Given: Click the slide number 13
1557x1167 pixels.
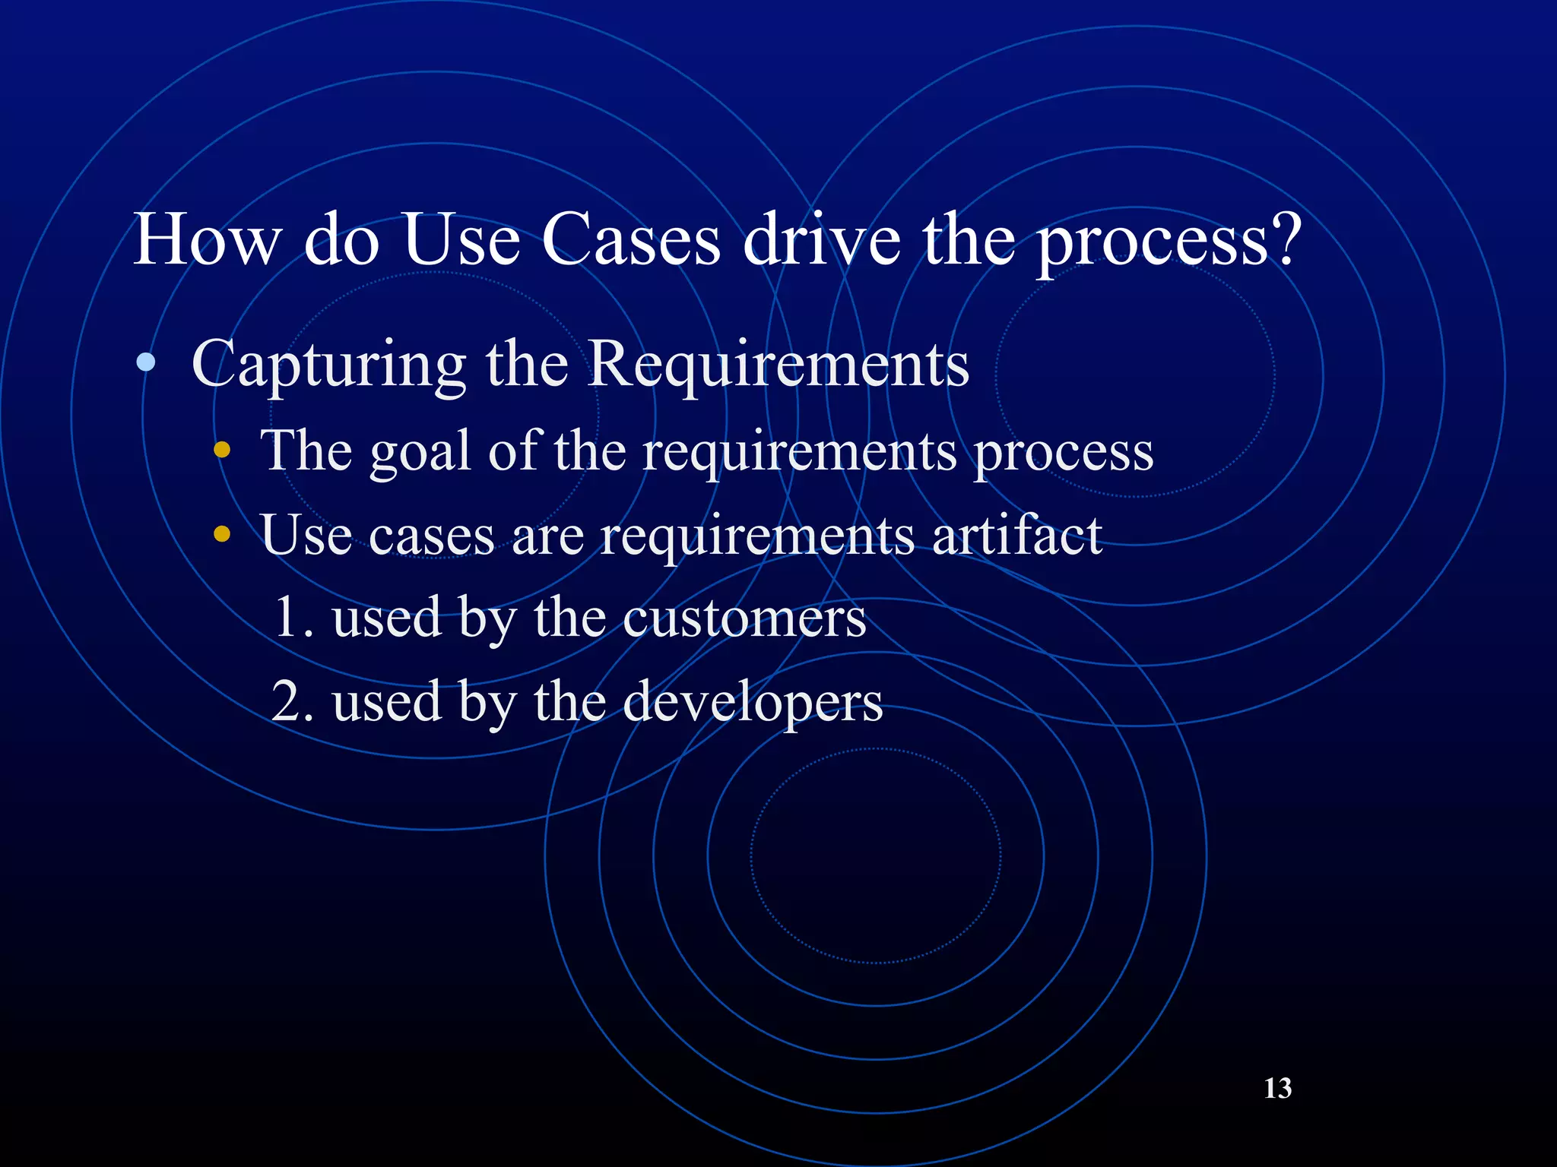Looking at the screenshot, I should pos(1277,1088).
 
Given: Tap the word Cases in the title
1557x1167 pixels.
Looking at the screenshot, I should pos(630,239).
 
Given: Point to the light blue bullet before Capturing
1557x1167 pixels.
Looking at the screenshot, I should pos(146,364).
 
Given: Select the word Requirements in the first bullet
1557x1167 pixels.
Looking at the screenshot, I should pos(778,364).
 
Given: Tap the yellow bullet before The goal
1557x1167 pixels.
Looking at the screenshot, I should pos(221,451).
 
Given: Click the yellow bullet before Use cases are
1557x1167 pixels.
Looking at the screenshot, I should pos(221,534).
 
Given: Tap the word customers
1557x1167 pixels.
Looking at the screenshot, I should pos(744,618).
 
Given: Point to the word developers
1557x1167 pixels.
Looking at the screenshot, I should pos(753,703).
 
